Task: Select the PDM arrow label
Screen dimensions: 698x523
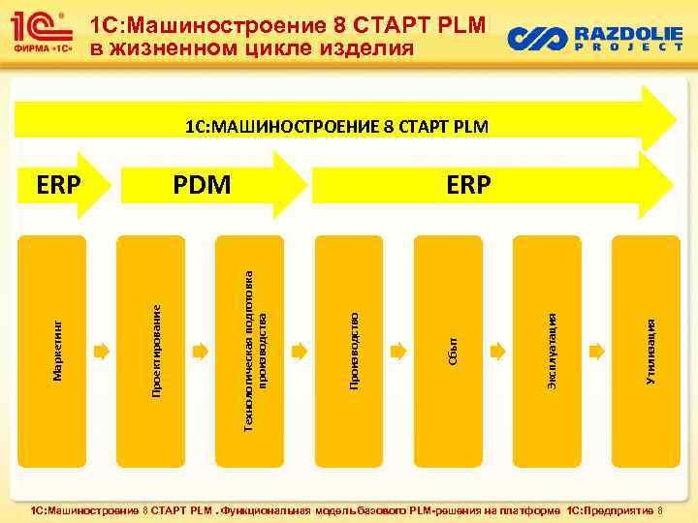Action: point(203,183)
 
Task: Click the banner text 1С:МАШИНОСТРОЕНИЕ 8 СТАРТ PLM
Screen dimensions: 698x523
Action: point(337,126)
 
